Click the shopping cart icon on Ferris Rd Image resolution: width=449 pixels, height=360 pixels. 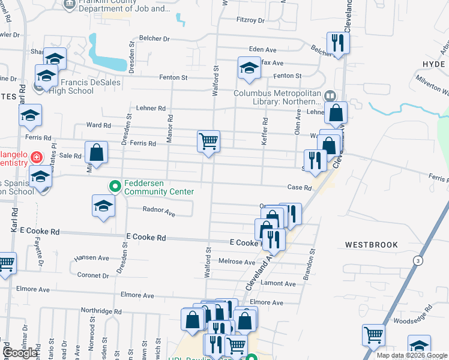click(x=208, y=142)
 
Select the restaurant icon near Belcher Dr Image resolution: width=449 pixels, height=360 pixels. click(x=337, y=43)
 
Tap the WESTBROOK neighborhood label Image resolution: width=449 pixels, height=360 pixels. click(x=371, y=245)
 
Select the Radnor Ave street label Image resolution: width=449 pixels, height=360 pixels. click(x=159, y=212)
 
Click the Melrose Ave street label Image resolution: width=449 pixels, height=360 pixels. click(x=237, y=262)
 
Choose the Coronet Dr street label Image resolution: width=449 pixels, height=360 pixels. click(x=93, y=275)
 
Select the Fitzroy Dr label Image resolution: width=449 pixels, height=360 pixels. click(x=250, y=20)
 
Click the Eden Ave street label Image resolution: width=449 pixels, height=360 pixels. click(x=261, y=50)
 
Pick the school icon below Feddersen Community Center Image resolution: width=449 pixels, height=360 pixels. click(x=103, y=206)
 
